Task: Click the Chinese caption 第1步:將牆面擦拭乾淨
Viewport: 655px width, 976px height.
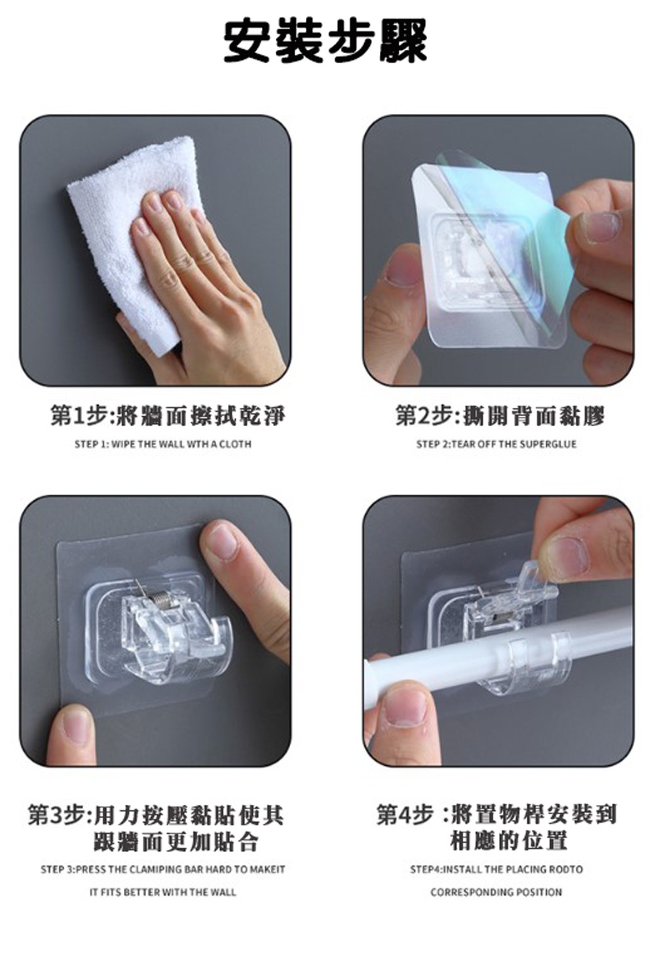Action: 168,415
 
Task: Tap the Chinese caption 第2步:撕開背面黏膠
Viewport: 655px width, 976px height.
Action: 500,415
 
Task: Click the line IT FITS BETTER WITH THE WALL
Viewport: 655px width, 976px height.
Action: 163,892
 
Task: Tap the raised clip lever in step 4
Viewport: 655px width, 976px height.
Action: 534,578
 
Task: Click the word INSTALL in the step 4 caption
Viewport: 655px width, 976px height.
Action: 462,870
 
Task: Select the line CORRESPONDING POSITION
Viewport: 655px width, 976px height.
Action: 496,892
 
